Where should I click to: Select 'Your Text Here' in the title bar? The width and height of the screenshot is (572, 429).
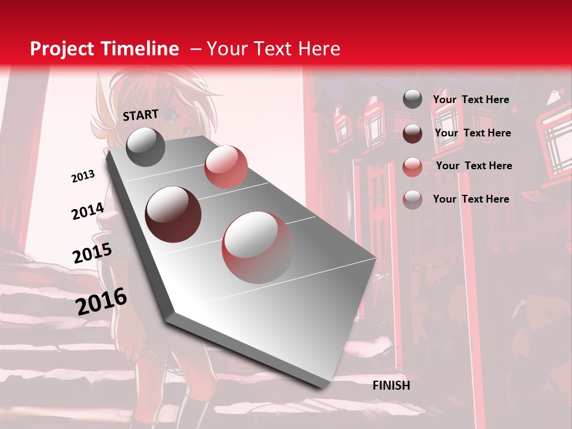[273, 49]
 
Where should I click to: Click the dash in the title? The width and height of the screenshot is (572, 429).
[195, 49]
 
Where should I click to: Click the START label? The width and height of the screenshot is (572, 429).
[141, 115]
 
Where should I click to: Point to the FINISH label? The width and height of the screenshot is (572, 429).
[391, 386]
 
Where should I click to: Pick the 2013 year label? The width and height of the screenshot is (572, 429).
[83, 176]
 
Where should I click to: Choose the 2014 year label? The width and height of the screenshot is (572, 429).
[88, 212]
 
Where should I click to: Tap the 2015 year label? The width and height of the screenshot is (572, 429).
[92, 254]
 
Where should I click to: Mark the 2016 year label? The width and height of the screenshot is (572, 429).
[101, 301]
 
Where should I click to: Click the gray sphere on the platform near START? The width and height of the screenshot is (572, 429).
[146, 147]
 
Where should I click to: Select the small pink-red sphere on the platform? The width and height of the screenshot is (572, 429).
[226, 167]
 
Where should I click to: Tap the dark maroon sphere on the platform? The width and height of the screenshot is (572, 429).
[173, 214]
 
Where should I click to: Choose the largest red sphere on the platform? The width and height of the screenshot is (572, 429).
[258, 247]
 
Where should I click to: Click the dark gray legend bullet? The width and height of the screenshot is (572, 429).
[412, 100]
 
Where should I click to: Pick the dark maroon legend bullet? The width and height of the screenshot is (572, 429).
[412, 133]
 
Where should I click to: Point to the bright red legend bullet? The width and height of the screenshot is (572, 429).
[412, 166]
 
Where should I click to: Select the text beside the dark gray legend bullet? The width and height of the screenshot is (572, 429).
[471, 100]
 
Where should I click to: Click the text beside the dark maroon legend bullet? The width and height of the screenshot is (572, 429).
[472, 133]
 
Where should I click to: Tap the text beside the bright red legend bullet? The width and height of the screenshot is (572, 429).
[474, 166]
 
